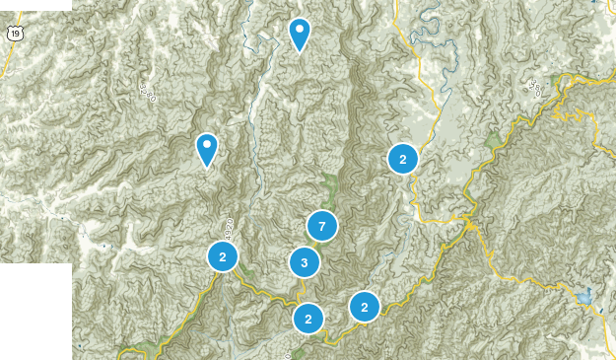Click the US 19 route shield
pos(14,34)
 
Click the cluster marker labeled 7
pos(322,226)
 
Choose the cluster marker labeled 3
pos(305,262)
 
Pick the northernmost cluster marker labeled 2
pos(402,158)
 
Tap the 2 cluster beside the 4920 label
pos(224,256)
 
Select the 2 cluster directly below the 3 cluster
pos(308,318)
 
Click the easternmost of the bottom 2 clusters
pos(365,307)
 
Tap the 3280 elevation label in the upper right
pos(535,89)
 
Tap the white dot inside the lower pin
pos(207,145)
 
